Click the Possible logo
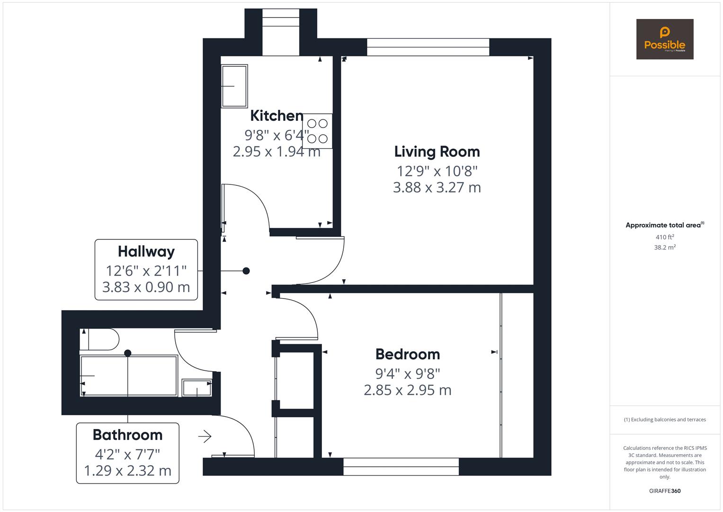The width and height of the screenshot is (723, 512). pyautogui.click(x=664, y=39)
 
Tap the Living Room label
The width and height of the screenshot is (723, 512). pyautogui.click(x=437, y=152)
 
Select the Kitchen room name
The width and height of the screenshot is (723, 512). pyautogui.click(x=277, y=115)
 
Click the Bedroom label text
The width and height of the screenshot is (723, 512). pyautogui.click(x=407, y=354)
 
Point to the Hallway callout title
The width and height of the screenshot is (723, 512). pyautogui.click(x=146, y=251)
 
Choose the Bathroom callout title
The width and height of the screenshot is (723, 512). pyautogui.click(x=127, y=435)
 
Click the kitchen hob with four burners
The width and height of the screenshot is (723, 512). pyautogui.click(x=317, y=131)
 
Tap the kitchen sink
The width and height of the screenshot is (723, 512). pyautogui.click(x=234, y=86)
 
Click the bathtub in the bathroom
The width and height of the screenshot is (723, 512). pyautogui.click(x=129, y=375)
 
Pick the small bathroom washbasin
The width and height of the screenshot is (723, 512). pyautogui.click(x=197, y=388)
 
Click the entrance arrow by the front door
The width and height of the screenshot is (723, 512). pyautogui.click(x=205, y=436)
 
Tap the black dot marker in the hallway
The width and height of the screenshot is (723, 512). pyautogui.click(x=246, y=271)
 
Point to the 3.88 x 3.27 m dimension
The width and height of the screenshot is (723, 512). pyautogui.click(x=437, y=187)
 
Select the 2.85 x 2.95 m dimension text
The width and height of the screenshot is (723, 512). pyautogui.click(x=407, y=390)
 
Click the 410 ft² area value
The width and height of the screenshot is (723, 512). pyautogui.click(x=664, y=237)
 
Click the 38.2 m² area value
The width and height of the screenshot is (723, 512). pyautogui.click(x=664, y=247)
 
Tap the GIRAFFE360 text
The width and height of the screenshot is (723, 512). pyautogui.click(x=664, y=491)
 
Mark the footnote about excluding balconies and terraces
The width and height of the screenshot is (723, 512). pyautogui.click(x=664, y=420)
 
